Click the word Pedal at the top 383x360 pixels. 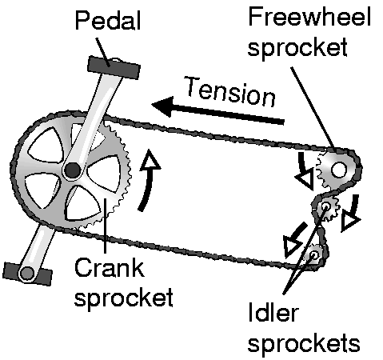(x=108, y=20)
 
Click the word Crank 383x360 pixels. (x=110, y=267)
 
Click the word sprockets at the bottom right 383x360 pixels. (x=304, y=343)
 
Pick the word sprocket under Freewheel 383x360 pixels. (x=297, y=48)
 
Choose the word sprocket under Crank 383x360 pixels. (x=124, y=298)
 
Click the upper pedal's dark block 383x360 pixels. (x=114, y=68)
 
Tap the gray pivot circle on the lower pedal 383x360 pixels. (x=27, y=274)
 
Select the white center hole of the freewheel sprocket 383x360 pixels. (x=338, y=170)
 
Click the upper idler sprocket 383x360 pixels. (x=325, y=206)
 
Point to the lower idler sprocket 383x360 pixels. (x=314, y=254)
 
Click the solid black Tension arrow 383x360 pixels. (x=217, y=110)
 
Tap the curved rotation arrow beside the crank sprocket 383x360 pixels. (x=149, y=182)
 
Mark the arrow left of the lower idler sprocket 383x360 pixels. (x=294, y=240)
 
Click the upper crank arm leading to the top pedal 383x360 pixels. (x=94, y=120)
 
